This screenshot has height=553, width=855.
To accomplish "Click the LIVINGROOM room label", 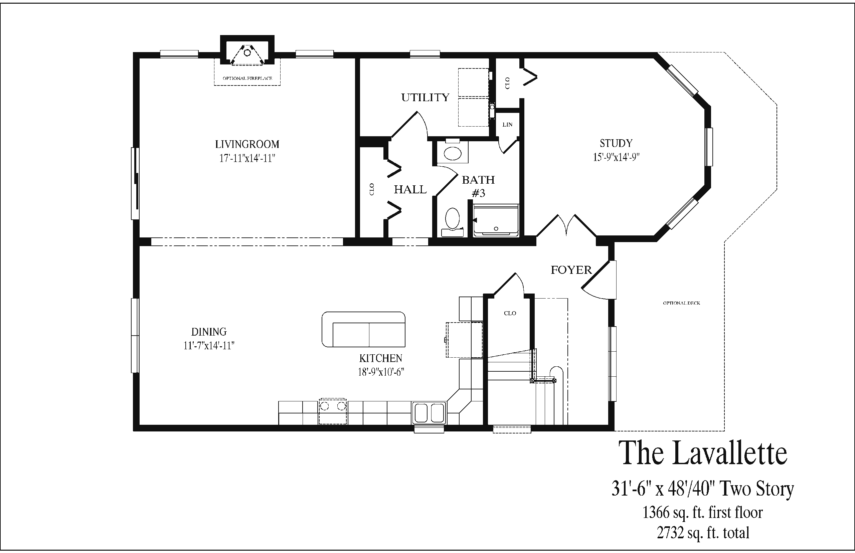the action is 247,144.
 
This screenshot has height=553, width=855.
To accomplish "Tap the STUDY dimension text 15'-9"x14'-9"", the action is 616,157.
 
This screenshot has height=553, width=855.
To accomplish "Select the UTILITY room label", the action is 425,97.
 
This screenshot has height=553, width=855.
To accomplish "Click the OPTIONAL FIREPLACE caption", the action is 247,78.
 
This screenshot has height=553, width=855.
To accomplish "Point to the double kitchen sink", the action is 429,413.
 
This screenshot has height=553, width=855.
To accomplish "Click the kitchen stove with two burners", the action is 333,411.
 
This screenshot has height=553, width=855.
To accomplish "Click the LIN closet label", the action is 507,125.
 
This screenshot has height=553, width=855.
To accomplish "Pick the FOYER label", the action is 571,270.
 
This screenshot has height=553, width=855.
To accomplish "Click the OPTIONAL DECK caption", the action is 682,303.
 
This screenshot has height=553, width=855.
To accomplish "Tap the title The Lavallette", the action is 702,453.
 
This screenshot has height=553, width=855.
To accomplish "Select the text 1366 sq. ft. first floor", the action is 702,512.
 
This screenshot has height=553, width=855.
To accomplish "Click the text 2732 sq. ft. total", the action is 703,533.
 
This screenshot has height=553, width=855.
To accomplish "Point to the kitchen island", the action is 363,329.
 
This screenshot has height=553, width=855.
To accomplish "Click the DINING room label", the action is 209,332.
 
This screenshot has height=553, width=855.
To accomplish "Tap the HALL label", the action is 410,190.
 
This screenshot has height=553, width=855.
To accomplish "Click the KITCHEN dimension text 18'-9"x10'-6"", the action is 381,372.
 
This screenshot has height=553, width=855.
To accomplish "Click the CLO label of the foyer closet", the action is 510,313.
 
